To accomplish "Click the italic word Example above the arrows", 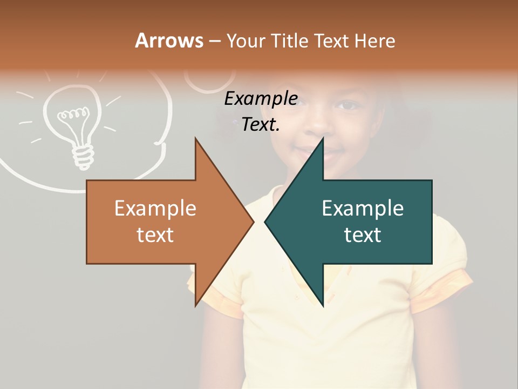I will (x=261, y=99).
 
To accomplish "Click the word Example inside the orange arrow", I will (x=155, y=209).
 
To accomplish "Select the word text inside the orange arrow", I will (x=155, y=235).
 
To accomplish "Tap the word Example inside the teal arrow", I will (x=363, y=209).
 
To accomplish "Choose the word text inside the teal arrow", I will (x=363, y=235).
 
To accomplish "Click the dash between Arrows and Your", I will (x=214, y=41).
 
